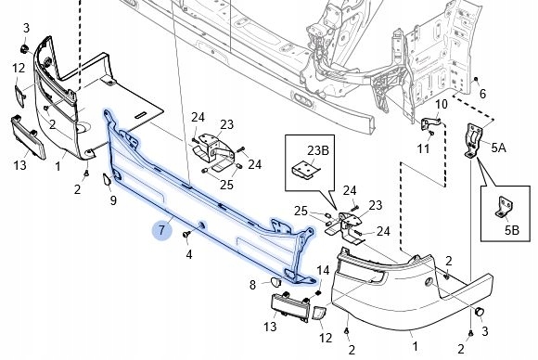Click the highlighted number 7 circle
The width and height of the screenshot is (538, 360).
161,230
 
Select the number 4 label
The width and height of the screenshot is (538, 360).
189,254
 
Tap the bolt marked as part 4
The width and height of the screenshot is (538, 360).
186,235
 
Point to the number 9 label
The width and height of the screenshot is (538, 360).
113,200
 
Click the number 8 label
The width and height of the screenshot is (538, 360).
252,285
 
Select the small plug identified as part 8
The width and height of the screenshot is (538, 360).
275,282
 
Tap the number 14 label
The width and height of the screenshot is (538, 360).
323,270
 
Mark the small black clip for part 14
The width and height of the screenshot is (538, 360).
318,293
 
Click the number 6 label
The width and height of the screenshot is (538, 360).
482,94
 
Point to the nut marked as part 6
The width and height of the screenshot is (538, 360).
476,80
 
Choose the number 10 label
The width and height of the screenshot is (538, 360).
442,104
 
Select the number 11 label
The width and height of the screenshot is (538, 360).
423,148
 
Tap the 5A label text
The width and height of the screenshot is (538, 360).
498,148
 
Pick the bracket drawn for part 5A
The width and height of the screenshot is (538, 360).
473,141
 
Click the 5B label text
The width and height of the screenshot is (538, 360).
512,230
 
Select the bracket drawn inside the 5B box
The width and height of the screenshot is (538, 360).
504,207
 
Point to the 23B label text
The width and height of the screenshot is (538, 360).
318,150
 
